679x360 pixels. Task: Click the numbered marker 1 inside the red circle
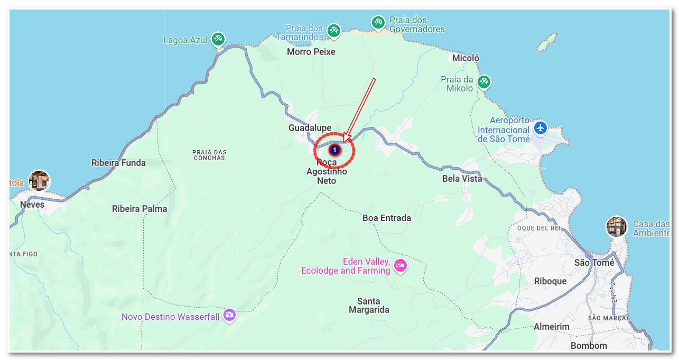click(334, 150)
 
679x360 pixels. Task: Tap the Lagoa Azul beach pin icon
click(218, 39)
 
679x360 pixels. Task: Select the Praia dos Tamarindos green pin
click(333, 30)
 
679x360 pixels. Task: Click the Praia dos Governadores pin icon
click(377, 22)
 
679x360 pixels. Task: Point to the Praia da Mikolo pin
click(483, 82)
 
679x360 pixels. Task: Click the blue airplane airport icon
click(540, 128)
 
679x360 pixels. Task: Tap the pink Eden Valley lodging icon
click(401, 265)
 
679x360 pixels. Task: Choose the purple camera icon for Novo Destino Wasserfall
click(229, 315)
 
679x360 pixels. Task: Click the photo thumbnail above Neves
click(39, 181)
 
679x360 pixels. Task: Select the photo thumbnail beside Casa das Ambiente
click(617, 227)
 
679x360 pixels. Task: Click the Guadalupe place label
click(310, 128)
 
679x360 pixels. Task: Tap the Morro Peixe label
click(311, 52)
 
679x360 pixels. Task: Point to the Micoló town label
click(466, 58)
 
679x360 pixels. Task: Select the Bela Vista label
click(462, 179)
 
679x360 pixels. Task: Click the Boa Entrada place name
click(387, 218)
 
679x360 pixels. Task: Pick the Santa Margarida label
click(369, 306)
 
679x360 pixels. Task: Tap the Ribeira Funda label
click(118, 163)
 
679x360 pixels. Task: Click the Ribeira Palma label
click(139, 209)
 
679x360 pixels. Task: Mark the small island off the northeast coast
click(547, 42)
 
